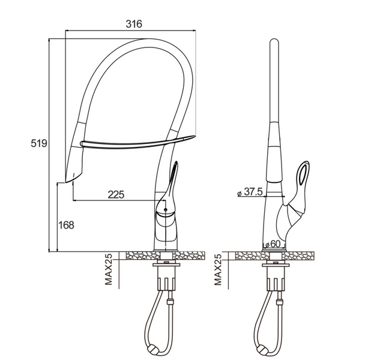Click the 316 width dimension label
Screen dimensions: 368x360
[x=134, y=23]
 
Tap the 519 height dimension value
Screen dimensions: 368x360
[x=39, y=143]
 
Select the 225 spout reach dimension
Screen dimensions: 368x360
[x=116, y=194]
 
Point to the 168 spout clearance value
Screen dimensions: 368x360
[x=66, y=225]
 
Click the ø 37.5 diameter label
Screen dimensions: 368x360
[x=250, y=192]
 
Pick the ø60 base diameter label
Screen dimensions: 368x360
[x=272, y=244]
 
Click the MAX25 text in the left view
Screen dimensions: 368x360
[x=109, y=269]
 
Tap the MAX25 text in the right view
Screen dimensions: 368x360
[x=218, y=269]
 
